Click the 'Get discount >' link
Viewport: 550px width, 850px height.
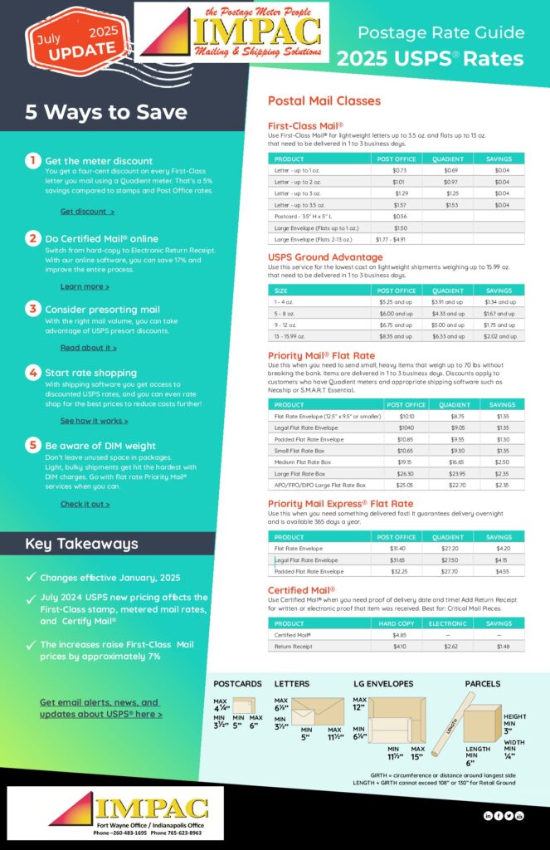[87, 212]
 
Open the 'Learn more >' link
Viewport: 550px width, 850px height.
[85, 286]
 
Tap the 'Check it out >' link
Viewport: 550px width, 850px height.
[85, 504]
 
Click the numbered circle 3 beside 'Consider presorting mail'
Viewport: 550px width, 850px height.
[32, 309]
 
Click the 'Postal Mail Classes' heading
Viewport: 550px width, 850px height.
[324, 100]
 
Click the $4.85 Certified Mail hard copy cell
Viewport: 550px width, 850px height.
[398, 635]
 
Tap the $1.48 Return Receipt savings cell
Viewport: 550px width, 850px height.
[499, 647]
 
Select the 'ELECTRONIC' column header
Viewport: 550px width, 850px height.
[447, 623]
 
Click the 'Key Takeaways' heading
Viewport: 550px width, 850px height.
[81, 545]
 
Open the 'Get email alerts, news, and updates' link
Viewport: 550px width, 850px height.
[100, 708]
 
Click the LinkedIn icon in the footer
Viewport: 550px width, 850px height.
[487, 816]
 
